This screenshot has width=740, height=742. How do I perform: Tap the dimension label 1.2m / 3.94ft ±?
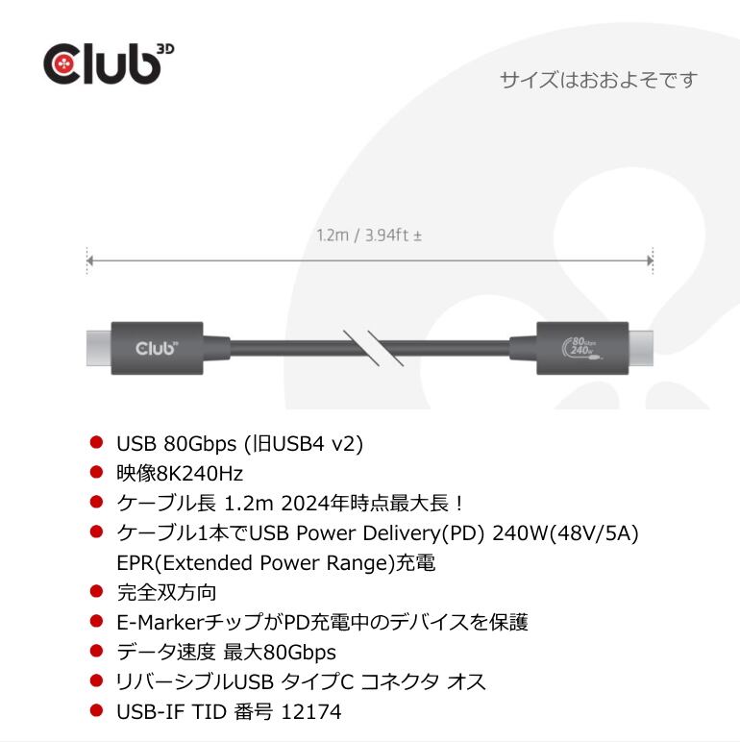(370, 235)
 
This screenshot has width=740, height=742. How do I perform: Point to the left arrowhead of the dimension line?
(89, 260)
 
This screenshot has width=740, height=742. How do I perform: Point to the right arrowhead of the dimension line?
(651, 260)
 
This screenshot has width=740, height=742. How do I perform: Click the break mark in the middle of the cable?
(370, 347)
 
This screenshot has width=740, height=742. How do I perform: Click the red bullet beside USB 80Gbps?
(95, 442)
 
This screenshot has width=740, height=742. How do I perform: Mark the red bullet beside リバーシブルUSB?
(95, 684)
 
